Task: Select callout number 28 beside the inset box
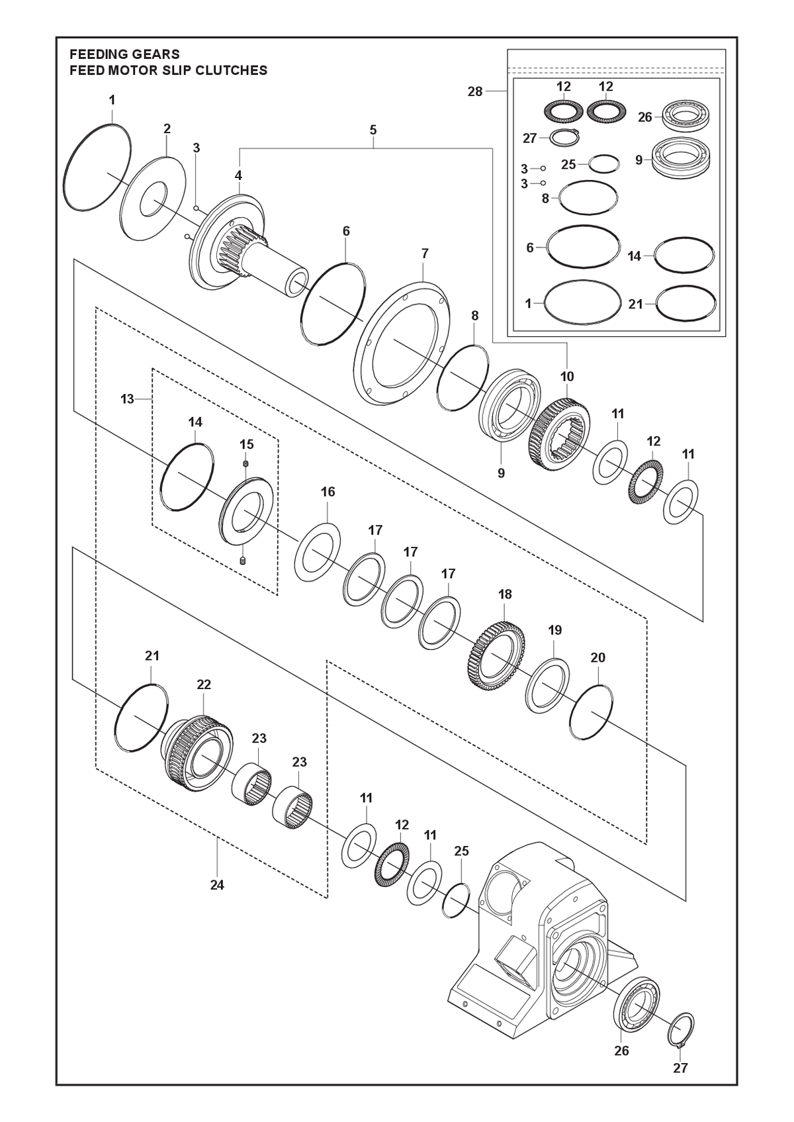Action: coord(475,91)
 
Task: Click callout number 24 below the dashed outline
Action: coord(217,885)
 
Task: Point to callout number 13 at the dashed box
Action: coord(127,398)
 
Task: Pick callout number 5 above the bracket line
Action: coord(373,130)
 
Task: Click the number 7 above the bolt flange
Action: coord(425,254)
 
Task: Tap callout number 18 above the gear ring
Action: coord(505,594)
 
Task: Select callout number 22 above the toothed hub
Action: coord(204,684)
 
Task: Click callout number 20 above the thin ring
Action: coord(598,657)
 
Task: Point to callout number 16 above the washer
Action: coord(328,492)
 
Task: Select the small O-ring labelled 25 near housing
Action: coord(456,900)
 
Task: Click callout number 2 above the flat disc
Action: coord(167,128)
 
